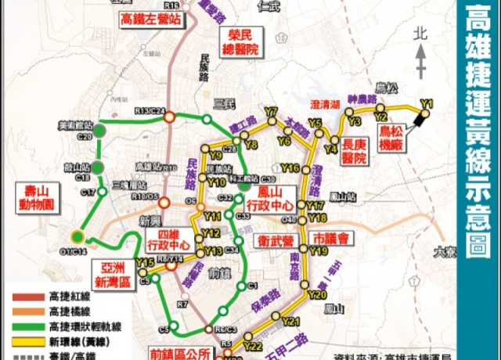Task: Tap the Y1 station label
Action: (427, 103)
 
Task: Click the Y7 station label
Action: (272, 112)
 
